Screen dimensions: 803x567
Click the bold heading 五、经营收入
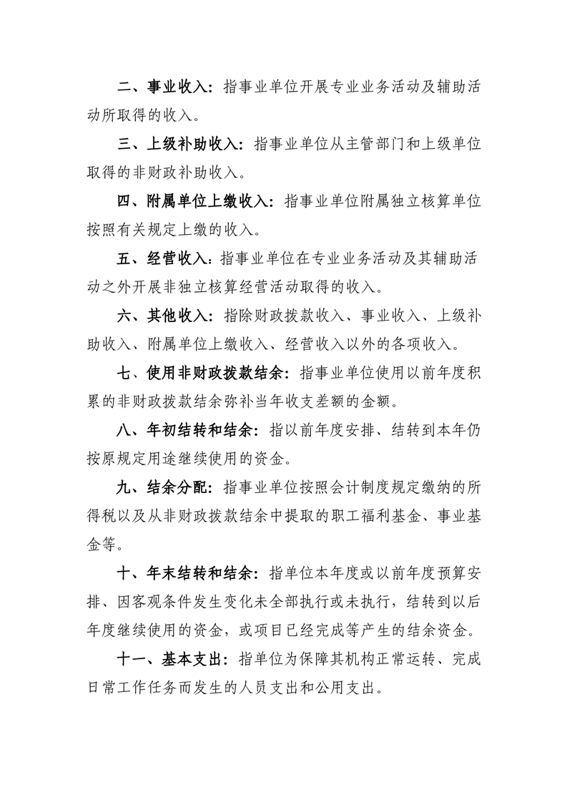coord(162,259)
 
